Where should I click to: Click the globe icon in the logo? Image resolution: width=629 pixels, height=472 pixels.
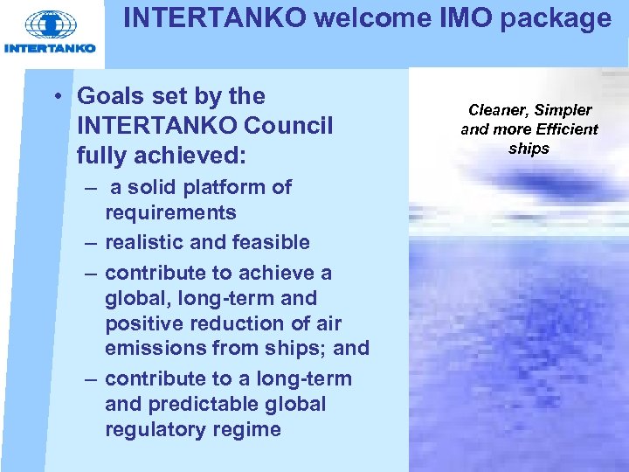click(51, 24)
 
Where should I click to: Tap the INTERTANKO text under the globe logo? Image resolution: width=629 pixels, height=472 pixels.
click(50, 48)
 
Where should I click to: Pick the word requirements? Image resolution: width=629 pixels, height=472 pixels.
click(170, 213)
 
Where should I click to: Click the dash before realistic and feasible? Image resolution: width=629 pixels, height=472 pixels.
click(90, 242)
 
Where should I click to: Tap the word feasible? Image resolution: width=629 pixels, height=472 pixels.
click(269, 242)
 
